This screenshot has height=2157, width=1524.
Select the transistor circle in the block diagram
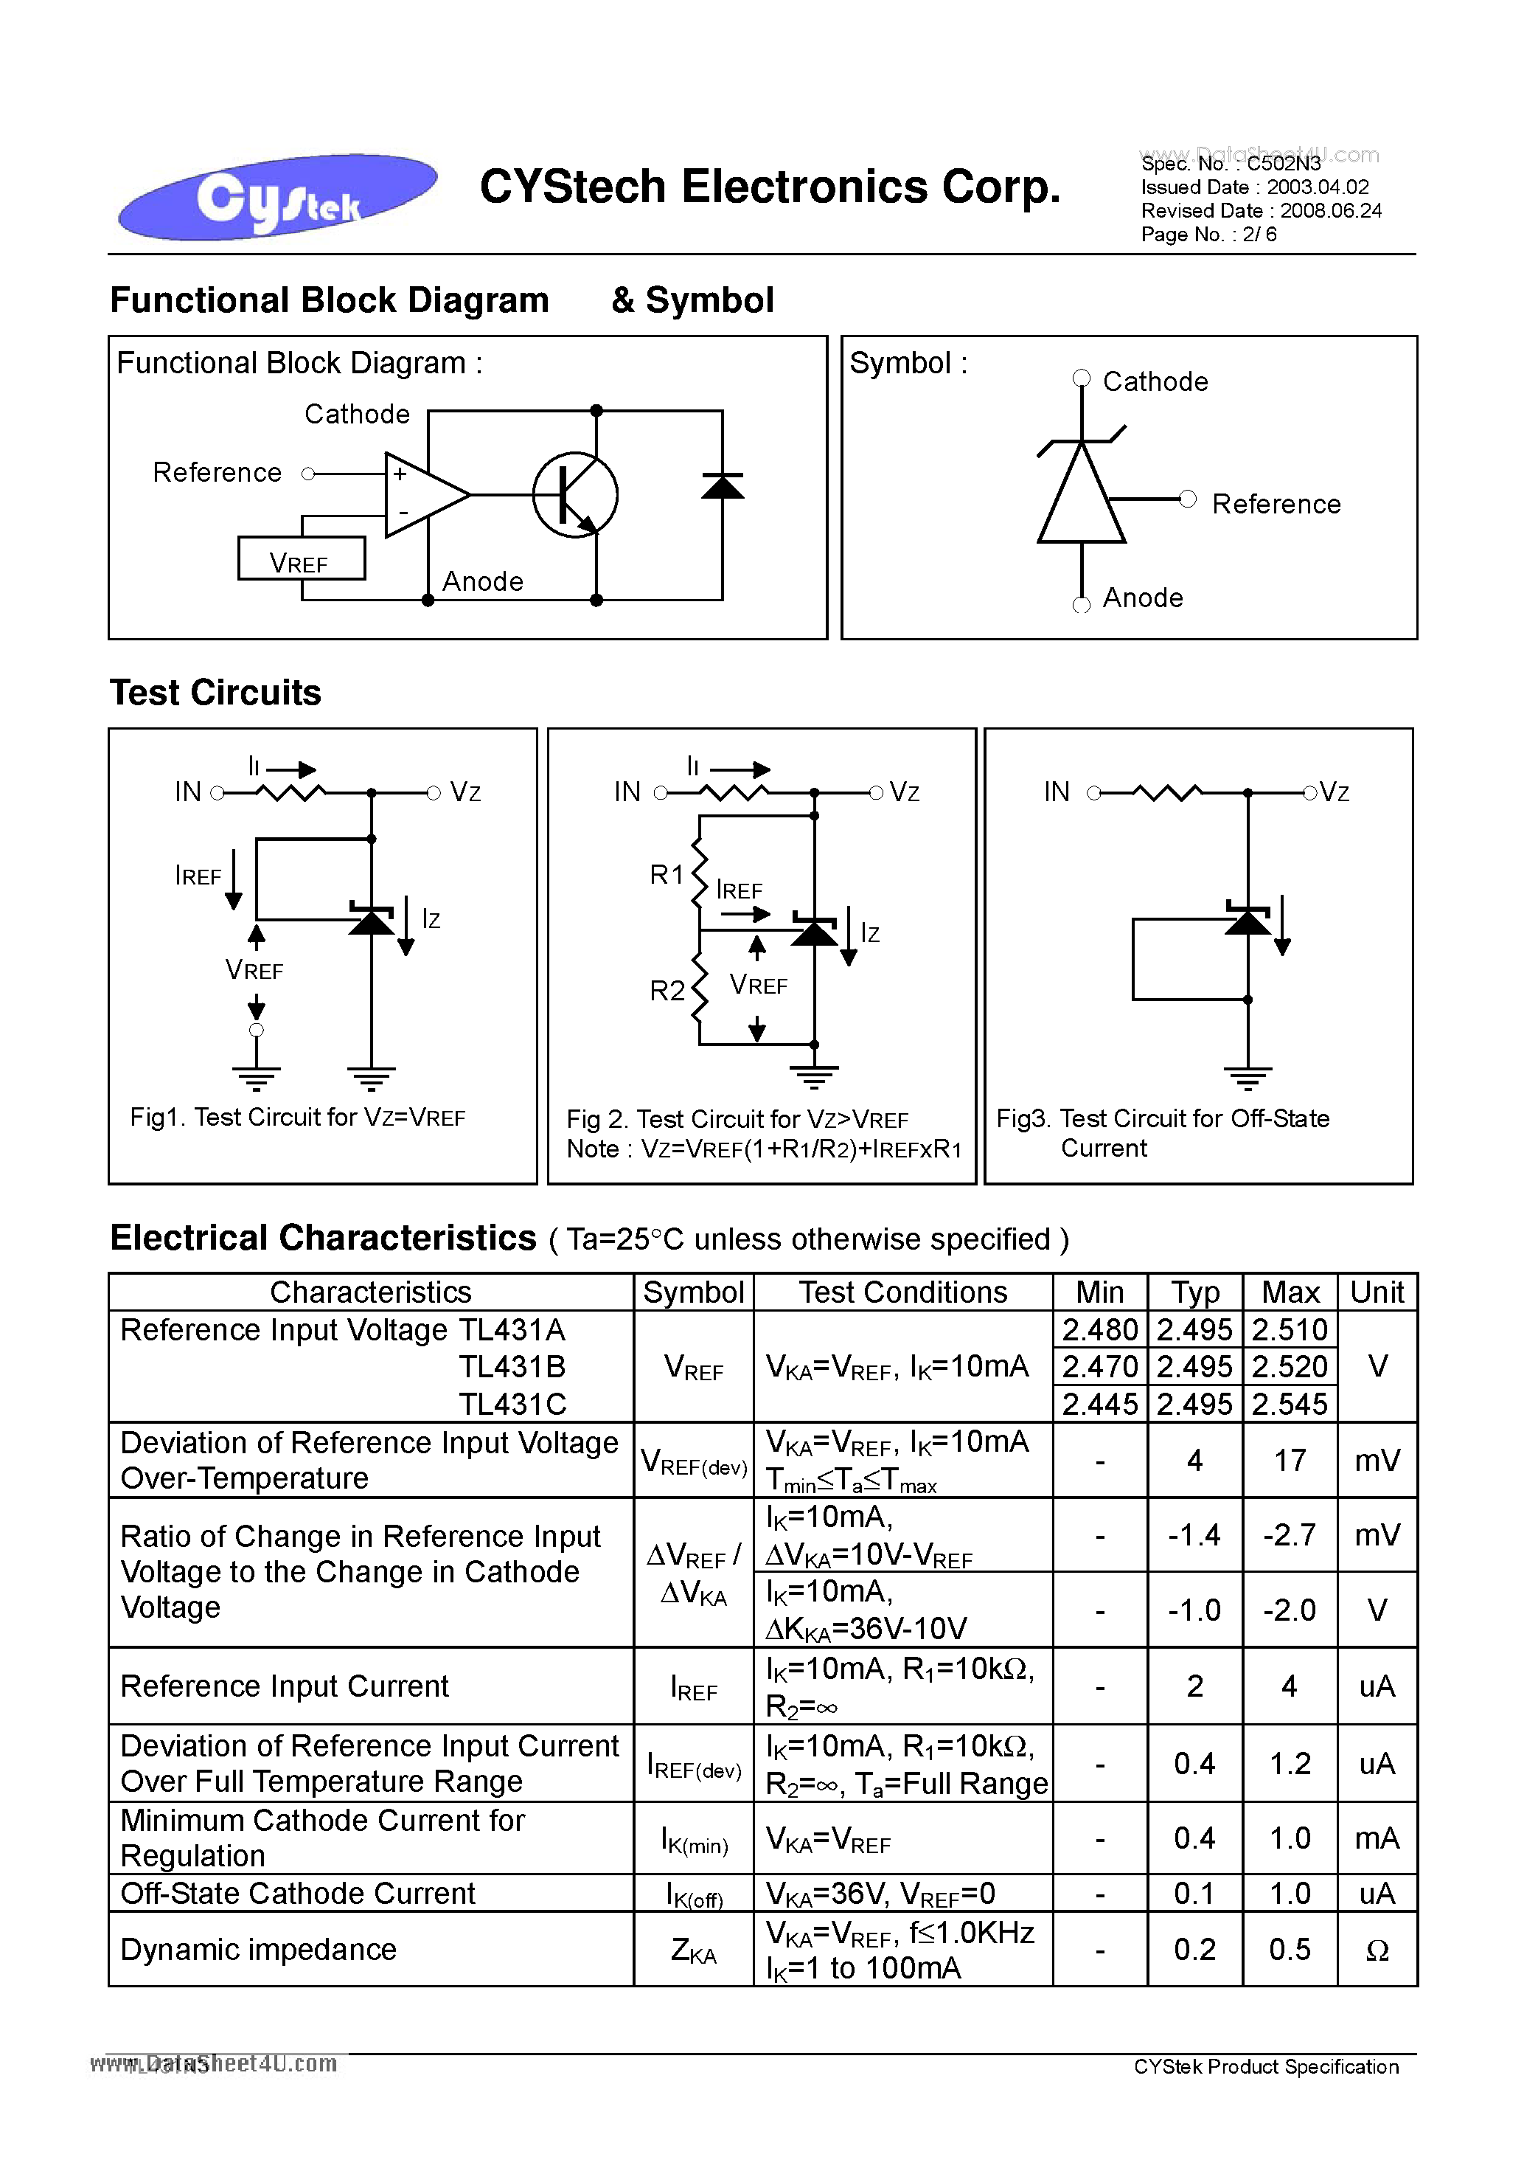pyautogui.click(x=574, y=495)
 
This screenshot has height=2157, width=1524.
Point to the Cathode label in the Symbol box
pyautogui.click(x=1154, y=382)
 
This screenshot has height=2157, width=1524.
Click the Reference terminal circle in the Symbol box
pyautogui.click(x=1188, y=499)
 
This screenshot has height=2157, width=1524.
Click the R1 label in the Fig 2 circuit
pyautogui.click(x=667, y=875)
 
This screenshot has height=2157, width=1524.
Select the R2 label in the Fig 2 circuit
pyautogui.click(x=667, y=990)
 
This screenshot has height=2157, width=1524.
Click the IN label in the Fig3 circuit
pyautogui.click(x=1057, y=792)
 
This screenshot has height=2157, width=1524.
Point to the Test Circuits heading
pyautogui.click(x=216, y=693)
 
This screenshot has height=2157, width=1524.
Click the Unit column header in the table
pyautogui.click(x=1376, y=1292)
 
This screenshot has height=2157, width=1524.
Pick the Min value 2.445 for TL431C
pyautogui.click(x=1099, y=1404)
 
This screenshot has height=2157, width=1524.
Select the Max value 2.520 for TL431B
pyautogui.click(x=1290, y=1366)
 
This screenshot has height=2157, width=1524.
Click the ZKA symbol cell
pyautogui.click(x=693, y=1950)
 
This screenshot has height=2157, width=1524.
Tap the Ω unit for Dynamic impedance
pyautogui.click(x=1376, y=1950)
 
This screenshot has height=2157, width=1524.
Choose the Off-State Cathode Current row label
pyautogui.click(x=298, y=1893)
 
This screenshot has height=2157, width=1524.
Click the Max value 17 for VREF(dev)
pyautogui.click(x=1290, y=1460)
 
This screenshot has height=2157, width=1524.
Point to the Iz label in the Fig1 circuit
pyautogui.click(x=430, y=919)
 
